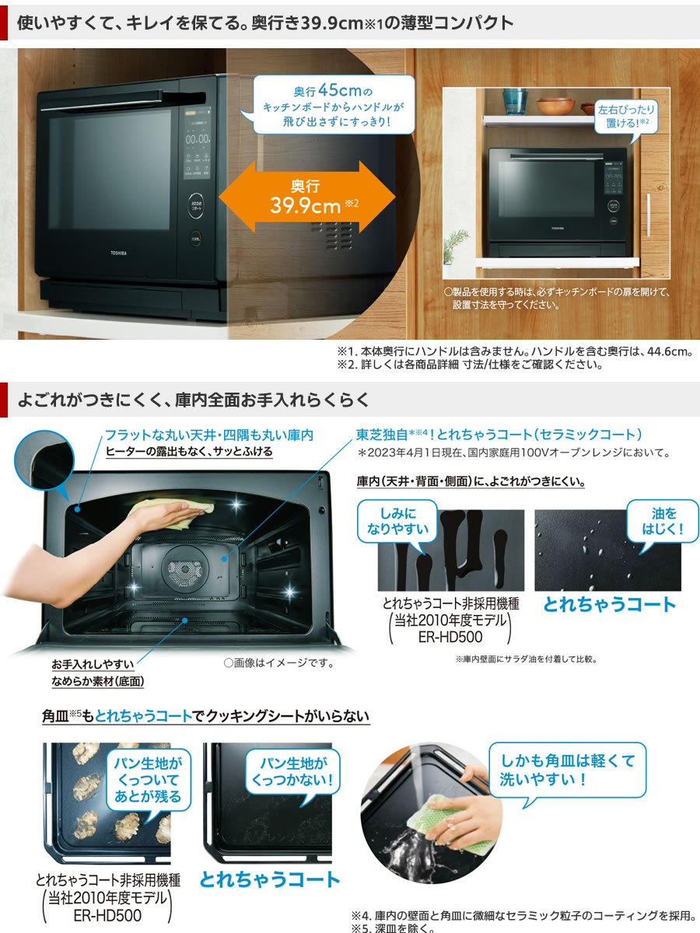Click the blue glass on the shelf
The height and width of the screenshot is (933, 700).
tap(514, 100)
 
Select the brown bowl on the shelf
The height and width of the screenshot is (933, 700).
tap(555, 106)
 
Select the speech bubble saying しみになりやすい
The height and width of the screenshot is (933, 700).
tap(397, 522)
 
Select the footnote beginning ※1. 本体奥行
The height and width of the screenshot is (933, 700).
tap(514, 351)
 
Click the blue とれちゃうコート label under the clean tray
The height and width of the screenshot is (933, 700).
tap(270, 879)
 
